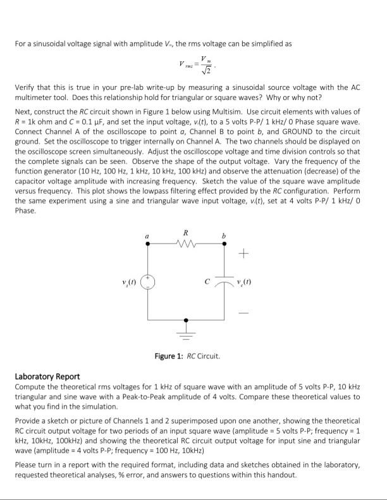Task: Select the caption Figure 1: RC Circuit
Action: (188, 356)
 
